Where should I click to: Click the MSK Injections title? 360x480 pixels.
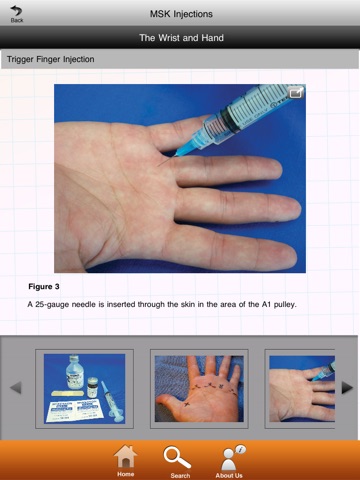pyautogui.click(x=181, y=14)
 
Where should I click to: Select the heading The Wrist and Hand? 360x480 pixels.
pyautogui.click(x=181, y=38)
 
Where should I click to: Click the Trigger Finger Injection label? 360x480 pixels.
pyautogui.click(x=51, y=59)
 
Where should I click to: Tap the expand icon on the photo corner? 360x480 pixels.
pyautogui.click(x=296, y=93)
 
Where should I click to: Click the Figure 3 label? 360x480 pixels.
pyautogui.click(x=44, y=287)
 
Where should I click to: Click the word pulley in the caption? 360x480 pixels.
pyautogui.click(x=285, y=305)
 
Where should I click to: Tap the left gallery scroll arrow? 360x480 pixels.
pyautogui.click(x=16, y=388)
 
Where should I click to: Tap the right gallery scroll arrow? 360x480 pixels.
pyautogui.click(x=347, y=388)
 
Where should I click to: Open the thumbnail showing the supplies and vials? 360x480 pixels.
pyautogui.click(x=85, y=389)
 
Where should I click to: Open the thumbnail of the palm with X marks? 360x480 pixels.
pyautogui.click(x=199, y=389)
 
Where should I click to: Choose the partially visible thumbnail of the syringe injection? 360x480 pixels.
pyautogui.click(x=302, y=389)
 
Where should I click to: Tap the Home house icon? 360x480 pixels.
pyautogui.click(x=125, y=456)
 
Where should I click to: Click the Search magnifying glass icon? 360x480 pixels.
pyautogui.click(x=177, y=458)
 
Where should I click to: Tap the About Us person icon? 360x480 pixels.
pyautogui.click(x=231, y=458)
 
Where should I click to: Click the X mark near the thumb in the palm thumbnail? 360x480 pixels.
pyautogui.click(x=186, y=404)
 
